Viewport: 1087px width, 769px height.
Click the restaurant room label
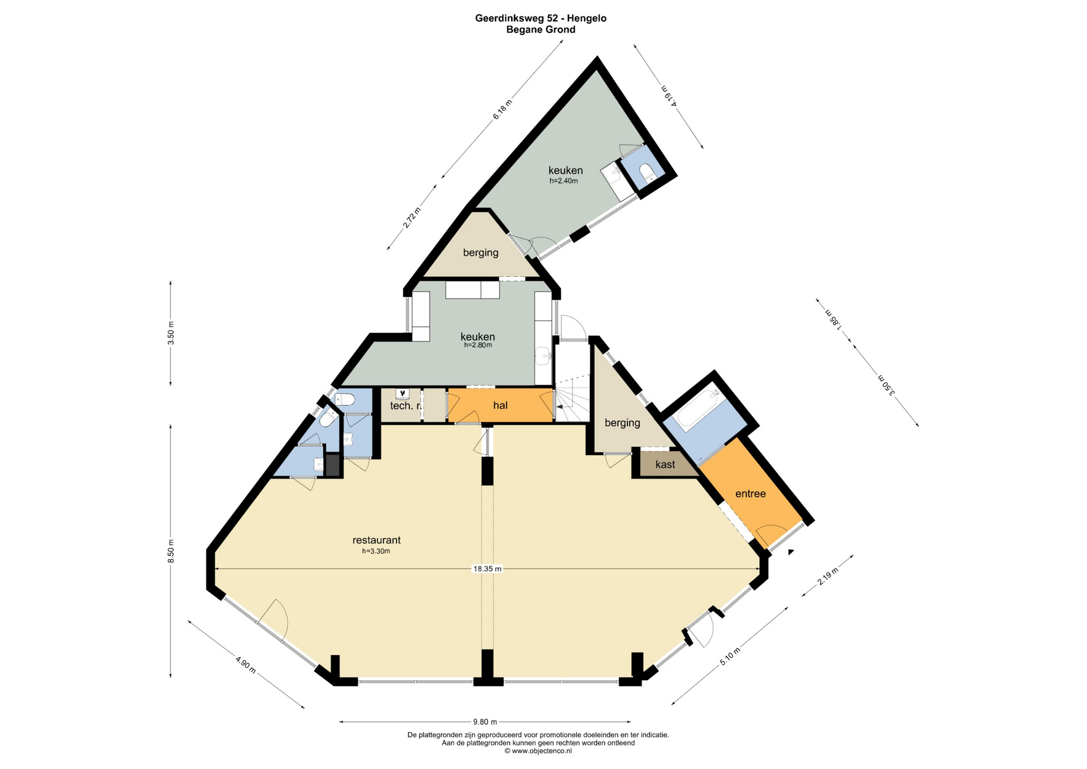376,540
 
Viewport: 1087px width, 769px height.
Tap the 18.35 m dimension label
487,569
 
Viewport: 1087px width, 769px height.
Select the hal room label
500,405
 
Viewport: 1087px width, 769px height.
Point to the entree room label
751,494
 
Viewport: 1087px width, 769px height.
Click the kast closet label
665,464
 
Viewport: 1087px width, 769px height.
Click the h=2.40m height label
564,181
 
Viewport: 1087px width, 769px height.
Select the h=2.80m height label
478,345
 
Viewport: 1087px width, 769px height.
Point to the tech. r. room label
406,405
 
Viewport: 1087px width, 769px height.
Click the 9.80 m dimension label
485,722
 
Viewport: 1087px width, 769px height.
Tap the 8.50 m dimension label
171,551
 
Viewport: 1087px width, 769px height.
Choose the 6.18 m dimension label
502,109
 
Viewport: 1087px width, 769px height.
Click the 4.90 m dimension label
246,665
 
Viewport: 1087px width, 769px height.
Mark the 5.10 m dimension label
730,657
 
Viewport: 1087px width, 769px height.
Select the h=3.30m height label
376,551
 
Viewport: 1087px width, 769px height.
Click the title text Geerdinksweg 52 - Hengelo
541,18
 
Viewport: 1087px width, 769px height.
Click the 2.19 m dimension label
828,575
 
